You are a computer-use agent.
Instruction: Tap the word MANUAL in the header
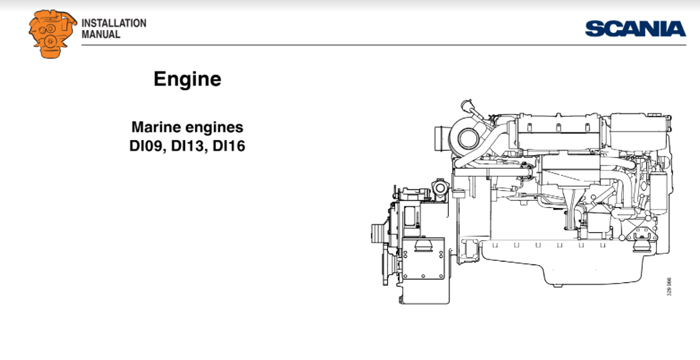point(100,34)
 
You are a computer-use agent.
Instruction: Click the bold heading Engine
point(187,78)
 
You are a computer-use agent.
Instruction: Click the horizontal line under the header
point(350,45)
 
